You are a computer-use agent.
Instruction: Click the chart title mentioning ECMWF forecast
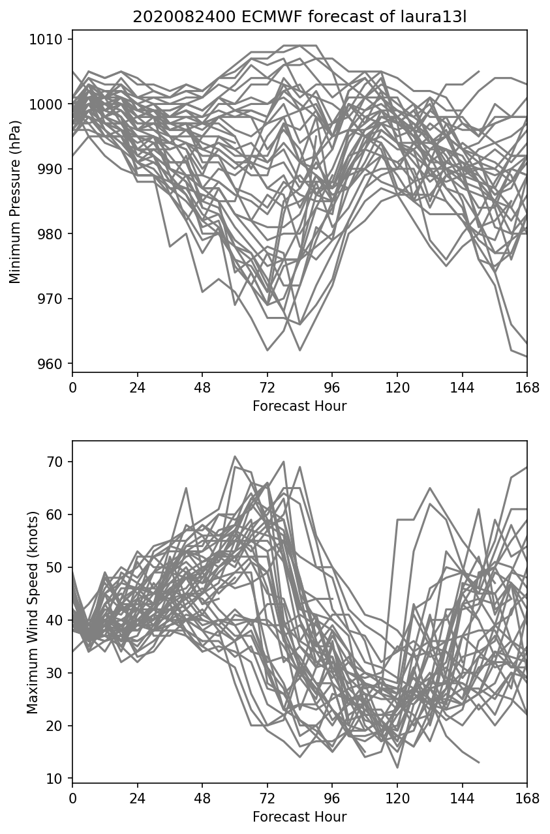[x=299, y=17]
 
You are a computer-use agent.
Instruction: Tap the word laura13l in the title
[x=439, y=17]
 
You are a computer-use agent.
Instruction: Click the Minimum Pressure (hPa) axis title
[x=16, y=201]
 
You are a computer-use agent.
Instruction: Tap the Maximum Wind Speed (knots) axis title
[x=32, y=612]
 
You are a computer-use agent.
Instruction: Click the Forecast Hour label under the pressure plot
[x=299, y=406]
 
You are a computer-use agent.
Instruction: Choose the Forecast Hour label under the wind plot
[x=299, y=817]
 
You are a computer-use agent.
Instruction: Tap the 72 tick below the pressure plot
[x=267, y=387]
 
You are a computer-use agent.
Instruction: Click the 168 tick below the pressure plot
[x=527, y=387]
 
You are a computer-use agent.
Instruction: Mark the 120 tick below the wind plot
[x=397, y=798]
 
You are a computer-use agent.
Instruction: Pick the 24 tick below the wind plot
[x=137, y=798]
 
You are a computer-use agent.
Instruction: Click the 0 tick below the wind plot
[x=72, y=798]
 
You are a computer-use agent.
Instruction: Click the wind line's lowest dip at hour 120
[x=397, y=767]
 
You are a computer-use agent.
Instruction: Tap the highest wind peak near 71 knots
[x=235, y=456]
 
